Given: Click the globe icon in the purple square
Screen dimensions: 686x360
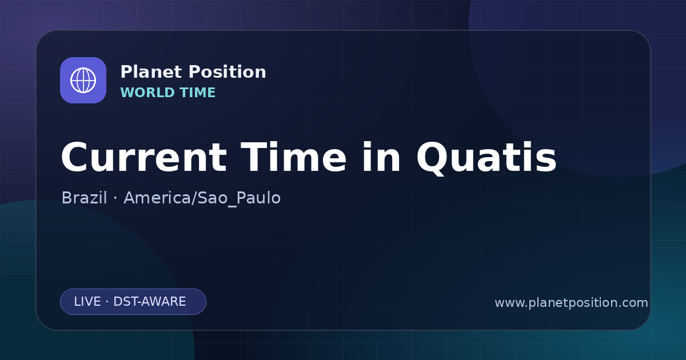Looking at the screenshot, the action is (x=83, y=80).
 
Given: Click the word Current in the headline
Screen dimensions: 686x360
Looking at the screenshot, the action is (x=144, y=158).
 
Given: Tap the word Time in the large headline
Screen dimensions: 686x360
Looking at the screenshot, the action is (x=293, y=157).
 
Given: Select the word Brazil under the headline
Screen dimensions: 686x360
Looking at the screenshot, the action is (x=84, y=198).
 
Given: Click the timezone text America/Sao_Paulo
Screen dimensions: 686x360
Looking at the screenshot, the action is (x=202, y=198).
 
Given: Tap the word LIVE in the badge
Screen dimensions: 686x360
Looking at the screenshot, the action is (x=87, y=302).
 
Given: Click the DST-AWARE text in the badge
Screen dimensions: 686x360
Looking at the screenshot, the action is (x=149, y=302).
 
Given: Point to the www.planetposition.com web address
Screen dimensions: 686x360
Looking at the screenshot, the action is (x=571, y=303).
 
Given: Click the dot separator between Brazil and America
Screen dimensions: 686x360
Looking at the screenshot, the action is (x=115, y=198).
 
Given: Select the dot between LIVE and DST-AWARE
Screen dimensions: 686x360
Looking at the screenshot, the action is (x=107, y=302).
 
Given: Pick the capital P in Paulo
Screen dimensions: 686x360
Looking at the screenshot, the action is (x=242, y=198).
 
